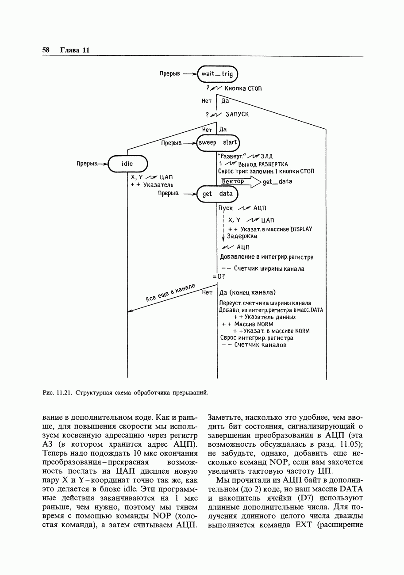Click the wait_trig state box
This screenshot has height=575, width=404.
(217, 74)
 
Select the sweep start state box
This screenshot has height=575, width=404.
(218, 143)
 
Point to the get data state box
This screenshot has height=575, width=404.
(217, 194)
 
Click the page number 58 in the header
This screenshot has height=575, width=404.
(46, 50)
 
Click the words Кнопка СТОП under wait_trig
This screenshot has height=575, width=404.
(243, 88)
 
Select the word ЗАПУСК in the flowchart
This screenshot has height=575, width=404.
(237, 115)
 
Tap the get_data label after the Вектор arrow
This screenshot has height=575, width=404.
(277, 181)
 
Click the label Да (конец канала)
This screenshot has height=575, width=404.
(248, 292)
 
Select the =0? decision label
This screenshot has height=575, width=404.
(219, 277)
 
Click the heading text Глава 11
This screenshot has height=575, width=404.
(75, 50)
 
